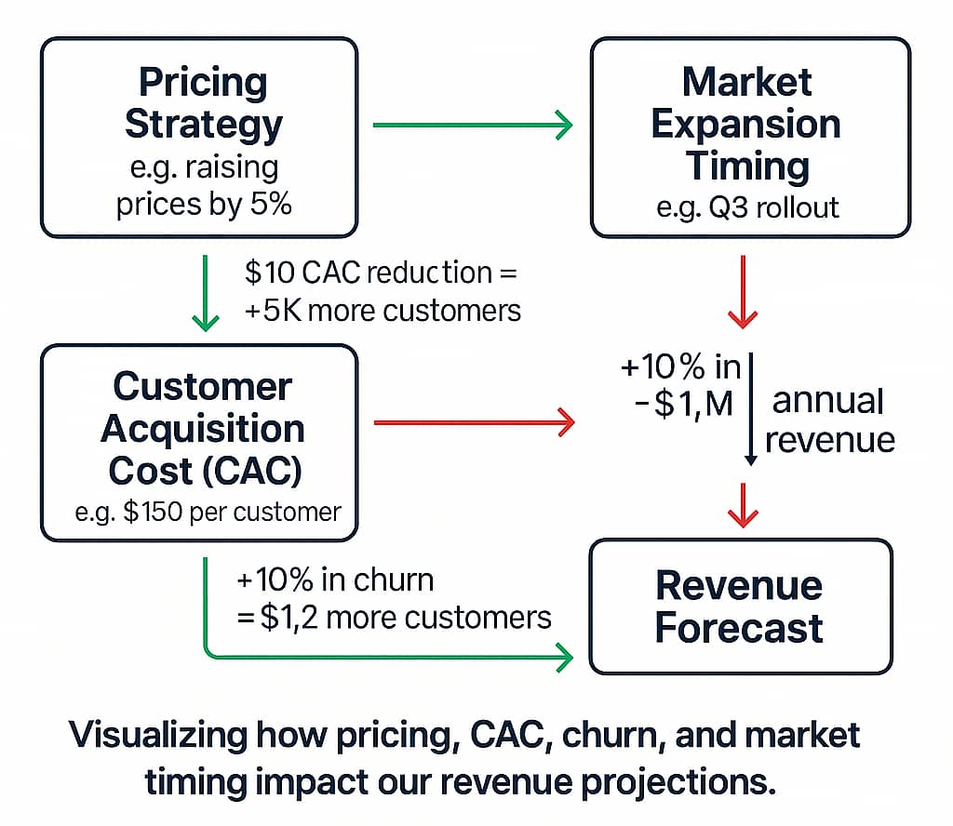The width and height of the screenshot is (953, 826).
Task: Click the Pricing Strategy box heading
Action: coord(204,103)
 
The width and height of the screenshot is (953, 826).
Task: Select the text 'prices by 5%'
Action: coord(204,204)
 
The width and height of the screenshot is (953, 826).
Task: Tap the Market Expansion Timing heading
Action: coord(747,124)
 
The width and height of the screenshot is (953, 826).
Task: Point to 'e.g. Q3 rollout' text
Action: coord(747,208)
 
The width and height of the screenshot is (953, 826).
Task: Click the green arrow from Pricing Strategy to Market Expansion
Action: coord(473,126)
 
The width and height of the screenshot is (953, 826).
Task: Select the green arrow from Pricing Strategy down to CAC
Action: coord(206,293)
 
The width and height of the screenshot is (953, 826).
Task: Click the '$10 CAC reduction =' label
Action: coord(381,273)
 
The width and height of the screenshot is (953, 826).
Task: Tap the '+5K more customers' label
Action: coord(383,311)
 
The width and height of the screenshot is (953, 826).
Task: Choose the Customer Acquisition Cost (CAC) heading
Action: coord(203,429)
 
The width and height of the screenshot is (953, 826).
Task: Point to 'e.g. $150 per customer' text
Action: coord(208,512)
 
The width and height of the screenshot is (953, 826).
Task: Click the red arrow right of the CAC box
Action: coord(474,422)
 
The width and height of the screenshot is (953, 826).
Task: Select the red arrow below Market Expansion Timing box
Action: coord(743,292)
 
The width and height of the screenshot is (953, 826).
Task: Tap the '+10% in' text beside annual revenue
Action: coord(680,366)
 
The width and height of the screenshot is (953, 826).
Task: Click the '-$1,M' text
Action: coord(683,405)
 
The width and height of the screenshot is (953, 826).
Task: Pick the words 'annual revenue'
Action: coord(829,420)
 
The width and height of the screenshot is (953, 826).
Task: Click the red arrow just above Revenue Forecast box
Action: coord(743,505)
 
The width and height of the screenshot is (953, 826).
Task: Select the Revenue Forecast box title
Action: coord(739,606)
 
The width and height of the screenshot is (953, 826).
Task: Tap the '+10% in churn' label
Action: coord(335,580)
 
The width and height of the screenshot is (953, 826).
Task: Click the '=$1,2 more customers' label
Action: coord(394,618)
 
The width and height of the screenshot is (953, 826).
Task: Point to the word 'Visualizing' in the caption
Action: coord(158,736)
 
